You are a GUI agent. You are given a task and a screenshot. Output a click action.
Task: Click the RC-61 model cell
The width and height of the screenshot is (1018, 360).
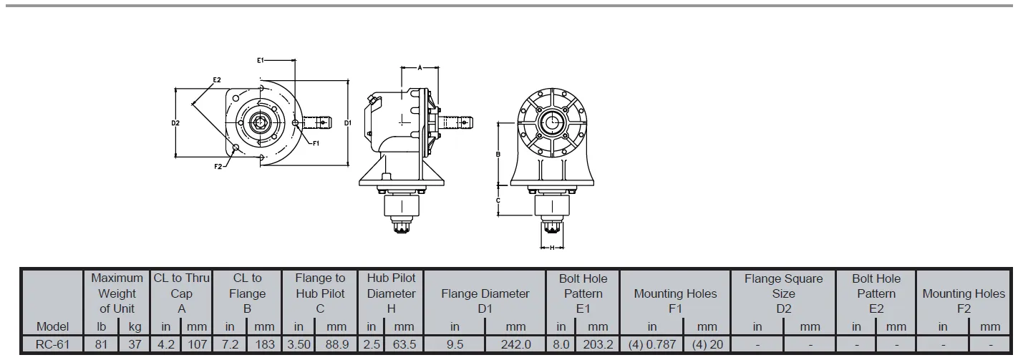pyautogui.click(x=52, y=344)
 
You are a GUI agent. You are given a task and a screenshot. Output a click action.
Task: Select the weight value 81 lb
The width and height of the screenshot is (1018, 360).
pyautogui.click(x=101, y=344)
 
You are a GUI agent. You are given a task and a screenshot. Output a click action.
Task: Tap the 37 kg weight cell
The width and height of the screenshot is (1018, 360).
pyautogui.click(x=135, y=344)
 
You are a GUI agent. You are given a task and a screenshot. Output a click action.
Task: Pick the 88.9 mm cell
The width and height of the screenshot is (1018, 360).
pyautogui.click(x=336, y=344)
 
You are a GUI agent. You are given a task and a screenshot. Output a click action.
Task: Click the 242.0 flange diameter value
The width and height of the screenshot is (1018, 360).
pyautogui.click(x=515, y=344)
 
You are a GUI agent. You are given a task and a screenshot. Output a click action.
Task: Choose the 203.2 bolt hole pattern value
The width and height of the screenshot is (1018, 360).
pyautogui.click(x=598, y=344)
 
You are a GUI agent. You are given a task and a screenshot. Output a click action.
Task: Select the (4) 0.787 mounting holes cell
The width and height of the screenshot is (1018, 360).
pyautogui.click(x=652, y=344)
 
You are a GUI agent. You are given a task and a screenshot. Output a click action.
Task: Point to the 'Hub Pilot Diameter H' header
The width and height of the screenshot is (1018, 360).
pyautogui.click(x=391, y=293)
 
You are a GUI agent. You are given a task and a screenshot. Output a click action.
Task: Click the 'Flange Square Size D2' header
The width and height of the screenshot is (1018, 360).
pyautogui.click(x=783, y=293)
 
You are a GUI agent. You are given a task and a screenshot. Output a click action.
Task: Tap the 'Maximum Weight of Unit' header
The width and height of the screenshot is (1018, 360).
pyautogui.click(x=117, y=293)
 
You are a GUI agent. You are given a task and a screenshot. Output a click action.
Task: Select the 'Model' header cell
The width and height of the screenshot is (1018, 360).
pyautogui.click(x=52, y=326)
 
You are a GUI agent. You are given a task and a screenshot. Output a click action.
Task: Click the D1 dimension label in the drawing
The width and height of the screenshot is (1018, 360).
pyautogui.click(x=348, y=123)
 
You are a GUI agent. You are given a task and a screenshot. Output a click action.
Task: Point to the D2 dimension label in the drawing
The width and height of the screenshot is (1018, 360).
pyautogui.click(x=175, y=123)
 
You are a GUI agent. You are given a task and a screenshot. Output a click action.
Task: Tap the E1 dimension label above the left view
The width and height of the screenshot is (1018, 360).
pyautogui.click(x=261, y=61)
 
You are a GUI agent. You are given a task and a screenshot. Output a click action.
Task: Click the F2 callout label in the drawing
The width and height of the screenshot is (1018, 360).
pyautogui.click(x=218, y=166)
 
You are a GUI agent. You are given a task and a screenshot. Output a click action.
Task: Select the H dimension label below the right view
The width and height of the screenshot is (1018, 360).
pyautogui.click(x=552, y=248)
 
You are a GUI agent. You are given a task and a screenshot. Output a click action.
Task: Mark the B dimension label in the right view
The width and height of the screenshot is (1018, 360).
pyautogui.click(x=498, y=153)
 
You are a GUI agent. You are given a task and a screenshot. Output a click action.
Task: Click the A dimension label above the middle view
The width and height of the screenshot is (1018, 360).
pyautogui.click(x=420, y=67)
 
